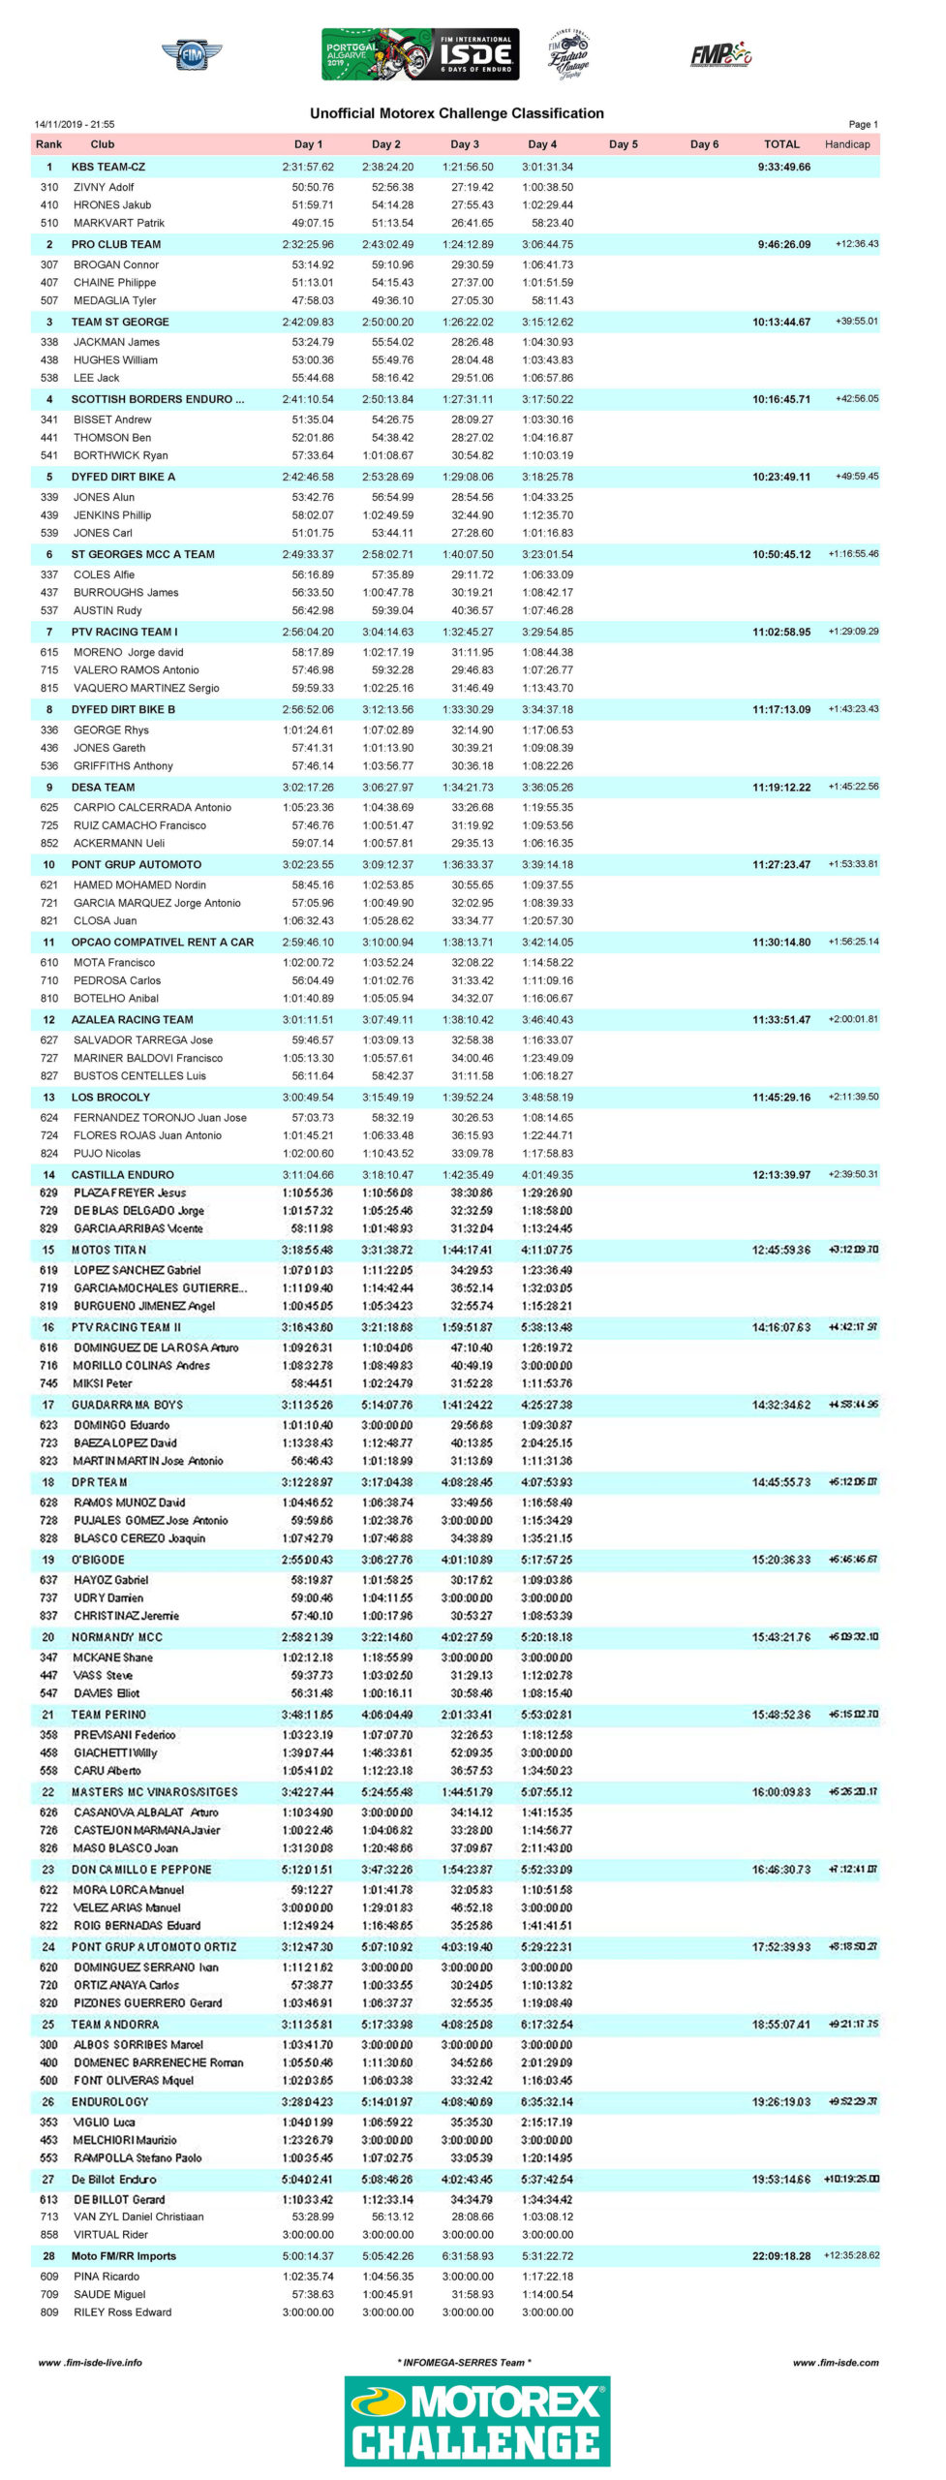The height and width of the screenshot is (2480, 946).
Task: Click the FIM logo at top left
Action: [192, 55]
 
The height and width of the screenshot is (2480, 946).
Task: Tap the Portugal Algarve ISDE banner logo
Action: [420, 54]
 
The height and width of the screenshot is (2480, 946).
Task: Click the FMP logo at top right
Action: [720, 54]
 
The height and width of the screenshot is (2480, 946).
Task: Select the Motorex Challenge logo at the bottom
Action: [477, 2421]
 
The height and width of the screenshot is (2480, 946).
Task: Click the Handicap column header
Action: [847, 144]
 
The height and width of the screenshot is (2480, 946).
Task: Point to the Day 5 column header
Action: [624, 144]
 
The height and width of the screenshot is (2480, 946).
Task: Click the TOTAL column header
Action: [781, 144]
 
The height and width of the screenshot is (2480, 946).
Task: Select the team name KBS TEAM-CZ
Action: [108, 167]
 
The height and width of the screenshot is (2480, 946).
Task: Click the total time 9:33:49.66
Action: [783, 167]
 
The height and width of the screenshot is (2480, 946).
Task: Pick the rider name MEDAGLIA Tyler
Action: [114, 300]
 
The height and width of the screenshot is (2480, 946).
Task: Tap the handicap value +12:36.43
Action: [856, 244]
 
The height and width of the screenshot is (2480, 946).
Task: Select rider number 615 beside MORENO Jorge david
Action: [48, 652]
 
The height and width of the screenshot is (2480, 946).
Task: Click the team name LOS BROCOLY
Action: [110, 1097]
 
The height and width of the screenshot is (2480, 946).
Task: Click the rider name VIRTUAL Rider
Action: [110, 2235]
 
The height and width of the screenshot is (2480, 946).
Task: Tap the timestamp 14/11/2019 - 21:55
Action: [75, 124]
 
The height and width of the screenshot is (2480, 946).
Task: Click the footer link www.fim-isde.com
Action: [836, 2363]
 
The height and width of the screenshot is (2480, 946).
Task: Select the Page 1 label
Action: [863, 124]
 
